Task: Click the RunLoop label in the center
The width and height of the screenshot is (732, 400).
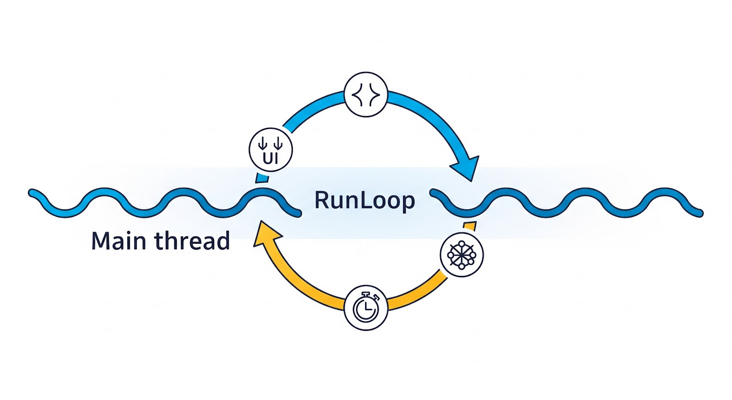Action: tap(364, 201)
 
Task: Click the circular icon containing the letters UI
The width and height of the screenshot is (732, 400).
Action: tap(271, 149)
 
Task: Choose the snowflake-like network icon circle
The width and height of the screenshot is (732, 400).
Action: tap(462, 253)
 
